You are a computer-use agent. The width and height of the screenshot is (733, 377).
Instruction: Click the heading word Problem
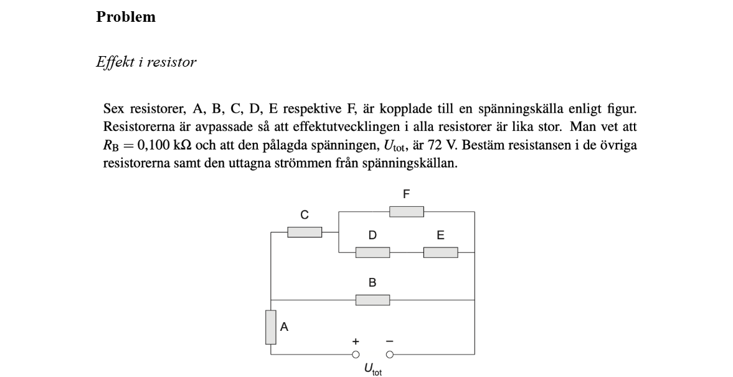tap(126, 17)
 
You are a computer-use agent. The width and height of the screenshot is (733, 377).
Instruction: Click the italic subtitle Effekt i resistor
tap(146, 62)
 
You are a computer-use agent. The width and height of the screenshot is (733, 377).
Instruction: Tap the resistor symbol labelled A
tap(270, 327)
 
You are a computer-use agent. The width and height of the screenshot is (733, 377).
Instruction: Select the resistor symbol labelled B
tap(372, 300)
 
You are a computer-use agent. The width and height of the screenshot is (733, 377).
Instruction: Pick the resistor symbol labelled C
tap(305, 232)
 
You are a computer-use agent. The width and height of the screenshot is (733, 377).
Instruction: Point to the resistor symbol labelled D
tap(372, 252)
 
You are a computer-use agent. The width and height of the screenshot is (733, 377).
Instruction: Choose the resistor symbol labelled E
tap(440, 252)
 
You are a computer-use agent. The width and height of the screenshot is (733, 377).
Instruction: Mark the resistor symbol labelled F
tap(406, 212)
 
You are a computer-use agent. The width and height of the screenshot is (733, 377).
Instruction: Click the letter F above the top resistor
tap(406, 194)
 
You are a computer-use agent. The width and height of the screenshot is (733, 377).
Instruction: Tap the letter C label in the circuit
tap(305, 216)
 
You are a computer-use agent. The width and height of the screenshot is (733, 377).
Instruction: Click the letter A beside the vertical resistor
tap(284, 327)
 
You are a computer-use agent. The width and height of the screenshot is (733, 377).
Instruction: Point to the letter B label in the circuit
tap(372, 283)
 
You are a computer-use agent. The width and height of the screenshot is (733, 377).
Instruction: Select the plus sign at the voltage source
tap(356, 341)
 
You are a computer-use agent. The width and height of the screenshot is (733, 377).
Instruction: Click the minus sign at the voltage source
tap(390, 341)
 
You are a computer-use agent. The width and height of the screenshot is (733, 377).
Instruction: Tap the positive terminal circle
tap(356, 355)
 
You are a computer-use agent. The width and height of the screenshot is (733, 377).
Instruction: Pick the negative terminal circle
tap(390, 355)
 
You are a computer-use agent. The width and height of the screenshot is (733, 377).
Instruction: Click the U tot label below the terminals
tap(372, 370)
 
